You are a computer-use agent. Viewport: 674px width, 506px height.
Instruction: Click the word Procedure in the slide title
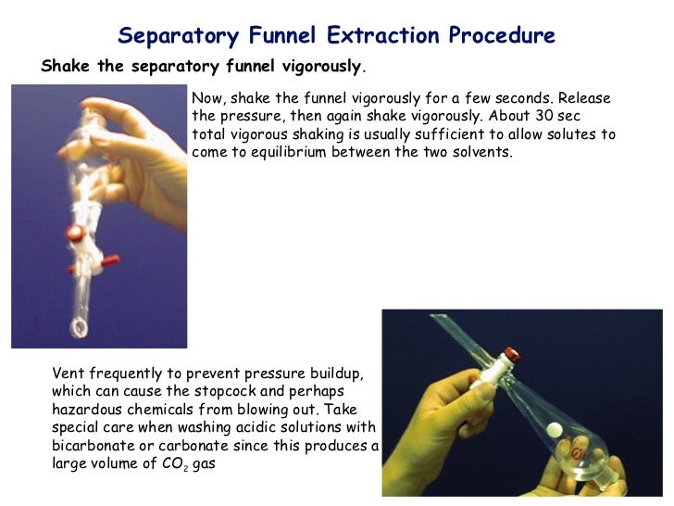pos(502,36)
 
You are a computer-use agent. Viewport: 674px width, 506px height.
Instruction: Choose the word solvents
pos(477,152)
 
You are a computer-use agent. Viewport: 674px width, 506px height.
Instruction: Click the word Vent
pos(69,373)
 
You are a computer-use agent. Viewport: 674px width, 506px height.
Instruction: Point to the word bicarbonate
pos(93,445)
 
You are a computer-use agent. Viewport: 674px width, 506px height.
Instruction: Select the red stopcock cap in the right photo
pos(508,354)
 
